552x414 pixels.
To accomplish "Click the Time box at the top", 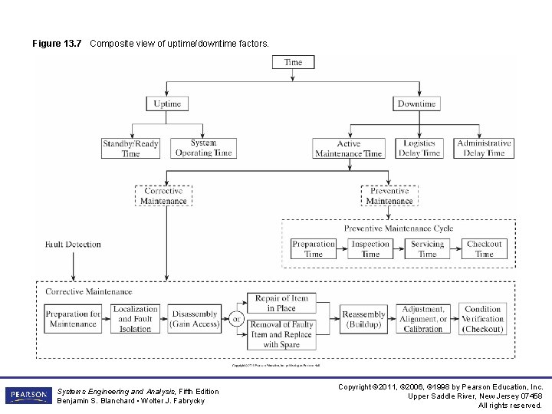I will [293, 62].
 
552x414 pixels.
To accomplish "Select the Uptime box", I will [167, 103].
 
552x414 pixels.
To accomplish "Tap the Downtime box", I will [416, 103].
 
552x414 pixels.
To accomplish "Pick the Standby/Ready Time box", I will [131, 148].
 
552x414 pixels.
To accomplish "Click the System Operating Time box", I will [203, 148].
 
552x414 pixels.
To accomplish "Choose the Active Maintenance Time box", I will [348, 149].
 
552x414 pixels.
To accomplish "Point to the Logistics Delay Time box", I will [419, 148].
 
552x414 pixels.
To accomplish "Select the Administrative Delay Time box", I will [484, 148].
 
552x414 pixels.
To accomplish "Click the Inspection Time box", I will [370, 248].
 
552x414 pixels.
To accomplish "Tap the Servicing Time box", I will [427, 248].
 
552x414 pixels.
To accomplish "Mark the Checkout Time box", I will [484, 248].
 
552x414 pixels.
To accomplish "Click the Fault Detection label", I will [73, 245].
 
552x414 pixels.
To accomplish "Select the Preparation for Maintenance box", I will [73, 319].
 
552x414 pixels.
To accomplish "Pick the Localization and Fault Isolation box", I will [135, 319].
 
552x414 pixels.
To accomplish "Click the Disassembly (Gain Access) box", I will [195, 319].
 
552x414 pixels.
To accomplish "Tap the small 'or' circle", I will [238, 319].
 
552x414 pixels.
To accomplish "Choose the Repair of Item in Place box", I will [281, 303].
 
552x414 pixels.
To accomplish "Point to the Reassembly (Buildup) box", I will [363, 319].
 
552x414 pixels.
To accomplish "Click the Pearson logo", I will [28, 396].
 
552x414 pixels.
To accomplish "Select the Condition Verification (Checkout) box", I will [483, 319].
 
